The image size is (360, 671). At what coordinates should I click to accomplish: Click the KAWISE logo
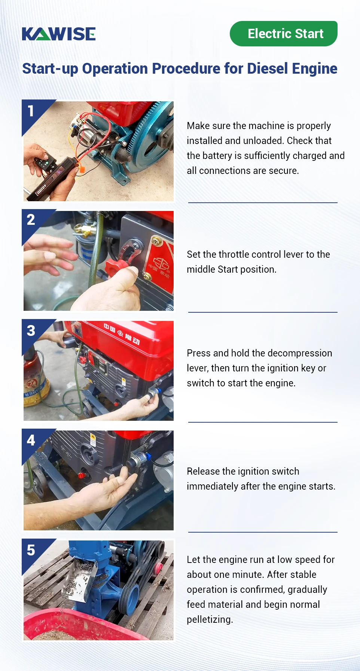59,34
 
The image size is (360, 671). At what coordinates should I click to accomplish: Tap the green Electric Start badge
283,34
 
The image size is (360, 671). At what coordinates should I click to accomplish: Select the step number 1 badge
31,111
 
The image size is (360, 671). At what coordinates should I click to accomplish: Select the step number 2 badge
31,220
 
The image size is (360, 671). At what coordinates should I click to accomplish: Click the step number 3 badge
31,331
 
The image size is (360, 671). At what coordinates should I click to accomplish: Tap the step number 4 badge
31,440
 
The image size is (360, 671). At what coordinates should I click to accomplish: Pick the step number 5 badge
31,550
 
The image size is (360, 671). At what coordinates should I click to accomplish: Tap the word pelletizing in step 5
209,619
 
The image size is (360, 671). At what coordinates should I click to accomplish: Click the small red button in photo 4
81,475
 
